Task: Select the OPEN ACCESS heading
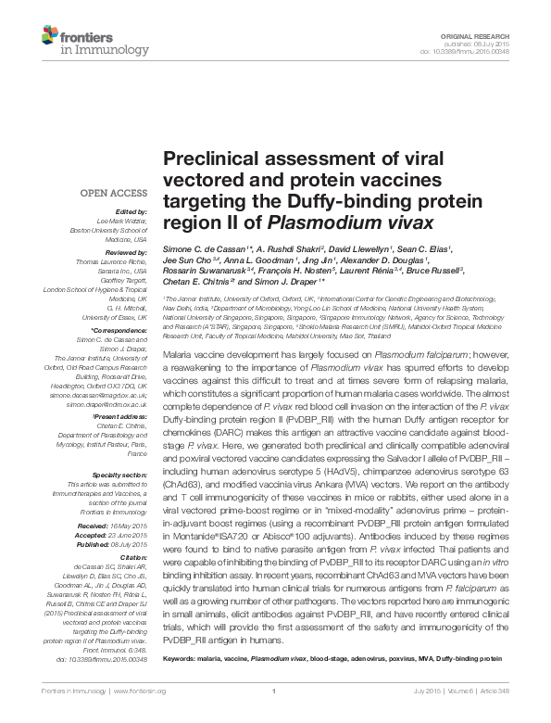point(113,194)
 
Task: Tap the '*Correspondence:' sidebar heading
point(119,331)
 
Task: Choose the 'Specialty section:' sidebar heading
point(119,474)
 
